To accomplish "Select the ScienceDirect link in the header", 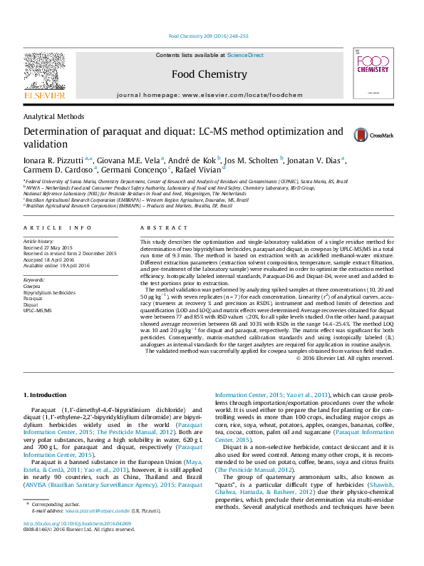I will (x=245, y=55).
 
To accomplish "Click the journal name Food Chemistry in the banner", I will (x=210, y=73).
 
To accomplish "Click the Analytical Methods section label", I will (x=54, y=116).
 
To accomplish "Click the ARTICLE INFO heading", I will (x=58, y=227).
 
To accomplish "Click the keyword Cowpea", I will (x=32, y=287).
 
